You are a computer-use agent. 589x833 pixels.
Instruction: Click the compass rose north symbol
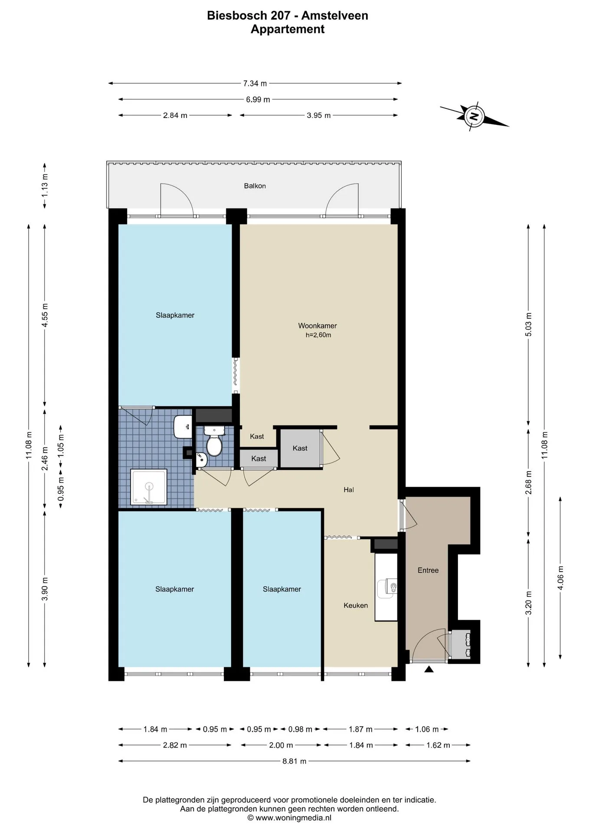(474, 116)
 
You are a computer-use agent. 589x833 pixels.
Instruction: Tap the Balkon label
(255, 186)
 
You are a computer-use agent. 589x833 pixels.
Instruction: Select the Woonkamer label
(317, 325)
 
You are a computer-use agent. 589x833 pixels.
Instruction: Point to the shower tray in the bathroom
(149, 487)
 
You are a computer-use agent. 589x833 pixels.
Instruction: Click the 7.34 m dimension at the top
(255, 83)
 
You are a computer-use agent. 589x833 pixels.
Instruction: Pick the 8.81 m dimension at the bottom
(294, 761)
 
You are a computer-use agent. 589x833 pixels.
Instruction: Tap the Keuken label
(356, 605)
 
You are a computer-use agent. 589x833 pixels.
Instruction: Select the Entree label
(428, 570)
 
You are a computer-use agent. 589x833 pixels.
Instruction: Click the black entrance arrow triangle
(429, 669)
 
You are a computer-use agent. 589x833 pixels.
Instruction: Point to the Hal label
(349, 489)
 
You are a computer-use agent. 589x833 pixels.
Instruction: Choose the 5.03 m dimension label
(528, 324)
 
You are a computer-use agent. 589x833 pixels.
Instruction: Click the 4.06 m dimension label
(560, 577)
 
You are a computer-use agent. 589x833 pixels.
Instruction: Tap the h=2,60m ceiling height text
(318, 335)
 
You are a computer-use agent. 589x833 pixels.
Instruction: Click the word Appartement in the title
(288, 29)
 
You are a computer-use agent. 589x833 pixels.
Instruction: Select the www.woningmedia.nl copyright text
(289, 818)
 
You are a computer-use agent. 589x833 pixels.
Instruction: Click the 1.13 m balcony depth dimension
(45, 185)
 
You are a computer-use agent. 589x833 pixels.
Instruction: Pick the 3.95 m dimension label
(319, 115)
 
